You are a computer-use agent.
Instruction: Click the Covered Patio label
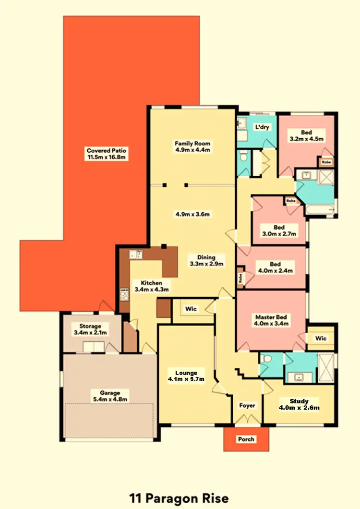pyautogui.click(x=107, y=154)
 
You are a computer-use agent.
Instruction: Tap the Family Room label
pyautogui.click(x=192, y=146)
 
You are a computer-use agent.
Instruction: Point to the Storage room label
pyautogui.click(x=91, y=329)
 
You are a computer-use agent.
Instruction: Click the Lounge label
pyautogui.click(x=186, y=376)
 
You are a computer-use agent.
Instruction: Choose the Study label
pyautogui.click(x=299, y=404)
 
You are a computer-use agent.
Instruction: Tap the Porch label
pyautogui.click(x=246, y=439)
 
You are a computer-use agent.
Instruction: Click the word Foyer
pyautogui.click(x=247, y=406)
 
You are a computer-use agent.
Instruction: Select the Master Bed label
pyautogui.click(x=271, y=320)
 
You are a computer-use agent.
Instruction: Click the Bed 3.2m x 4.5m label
pyautogui.click(x=306, y=136)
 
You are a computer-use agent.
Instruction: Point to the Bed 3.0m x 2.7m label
pyautogui.click(x=279, y=230)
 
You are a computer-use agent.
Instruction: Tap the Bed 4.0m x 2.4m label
pyautogui.click(x=275, y=267)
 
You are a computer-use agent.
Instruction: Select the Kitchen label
pyautogui.click(x=151, y=286)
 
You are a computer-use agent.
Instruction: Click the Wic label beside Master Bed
pyautogui.click(x=321, y=339)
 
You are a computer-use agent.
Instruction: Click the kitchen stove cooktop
pyautogui.click(x=124, y=293)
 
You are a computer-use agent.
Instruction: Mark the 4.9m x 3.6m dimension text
pyautogui.click(x=192, y=214)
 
